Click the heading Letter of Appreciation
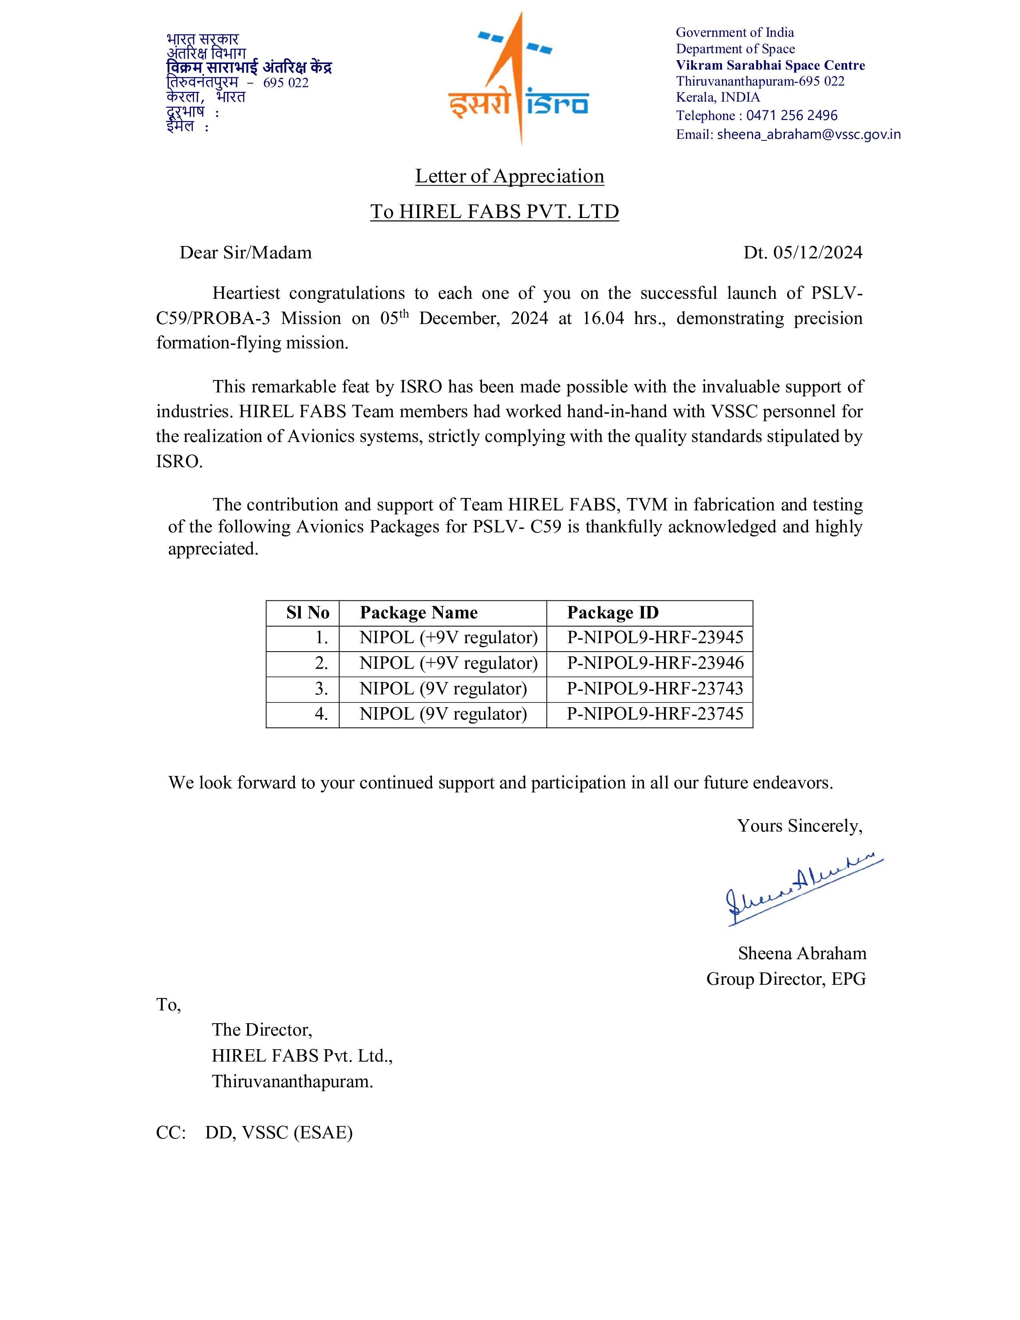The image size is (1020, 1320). coord(509,176)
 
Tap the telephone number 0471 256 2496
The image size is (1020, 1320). coord(792,116)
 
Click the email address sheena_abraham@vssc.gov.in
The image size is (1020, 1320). coord(808,134)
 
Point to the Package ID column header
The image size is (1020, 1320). coord(612,613)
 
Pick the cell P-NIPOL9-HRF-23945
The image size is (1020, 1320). coord(655,638)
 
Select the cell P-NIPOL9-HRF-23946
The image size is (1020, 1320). coord(655,663)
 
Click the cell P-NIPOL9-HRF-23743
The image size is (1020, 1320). coord(655,688)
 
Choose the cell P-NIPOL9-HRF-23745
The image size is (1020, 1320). coord(655,714)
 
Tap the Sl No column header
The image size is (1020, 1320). coord(308,613)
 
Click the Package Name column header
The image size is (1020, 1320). coord(419,613)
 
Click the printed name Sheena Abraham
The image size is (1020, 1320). coord(802,953)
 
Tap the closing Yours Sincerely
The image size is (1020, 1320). coord(800,826)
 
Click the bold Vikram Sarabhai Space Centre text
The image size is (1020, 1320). coord(770,65)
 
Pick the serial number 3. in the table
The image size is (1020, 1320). coord(322,688)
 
